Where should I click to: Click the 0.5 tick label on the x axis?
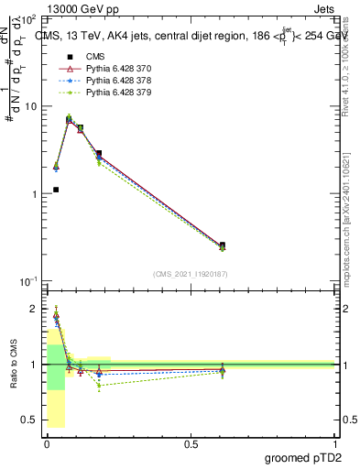(x=191, y=443)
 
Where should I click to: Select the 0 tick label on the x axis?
(x=46, y=443)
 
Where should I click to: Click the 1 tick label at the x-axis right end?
(x=334, y=443)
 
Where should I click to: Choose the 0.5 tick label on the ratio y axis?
(x=29, y=420)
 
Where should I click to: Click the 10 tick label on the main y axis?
(x=29, y=107)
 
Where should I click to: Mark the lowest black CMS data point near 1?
(x=56, y=190)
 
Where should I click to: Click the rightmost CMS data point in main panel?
(x=223, y=245)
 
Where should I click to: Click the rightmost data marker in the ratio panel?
(x=223, y=370)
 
